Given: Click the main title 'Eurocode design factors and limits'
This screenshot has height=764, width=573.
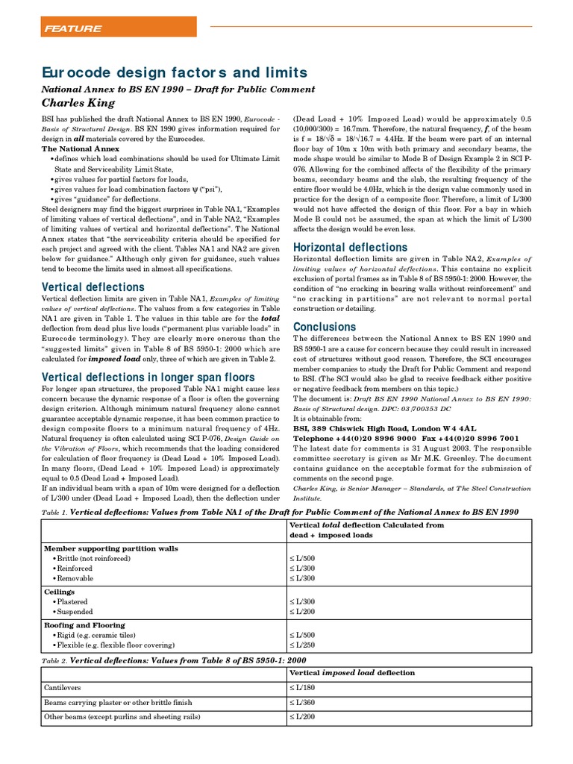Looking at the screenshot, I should click(x=174, y=72).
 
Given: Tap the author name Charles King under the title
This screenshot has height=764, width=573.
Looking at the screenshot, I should click(x=78, y=103).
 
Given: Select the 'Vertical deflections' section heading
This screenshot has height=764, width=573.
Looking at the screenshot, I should click(x=93, y=286).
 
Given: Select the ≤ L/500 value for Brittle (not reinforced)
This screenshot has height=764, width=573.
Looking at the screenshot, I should click(x=302, y=558).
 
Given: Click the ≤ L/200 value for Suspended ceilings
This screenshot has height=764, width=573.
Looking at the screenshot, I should click(x=302, y=611).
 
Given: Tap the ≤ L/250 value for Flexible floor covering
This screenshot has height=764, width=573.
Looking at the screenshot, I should click(x=302, y=645).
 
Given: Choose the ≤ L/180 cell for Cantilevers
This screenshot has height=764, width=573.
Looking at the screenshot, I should click(x=302, y=687).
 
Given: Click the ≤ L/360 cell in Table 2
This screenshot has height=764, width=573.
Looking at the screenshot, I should click(x=302, y=702).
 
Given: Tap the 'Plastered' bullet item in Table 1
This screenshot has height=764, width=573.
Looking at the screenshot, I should click(x=72, y=601).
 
